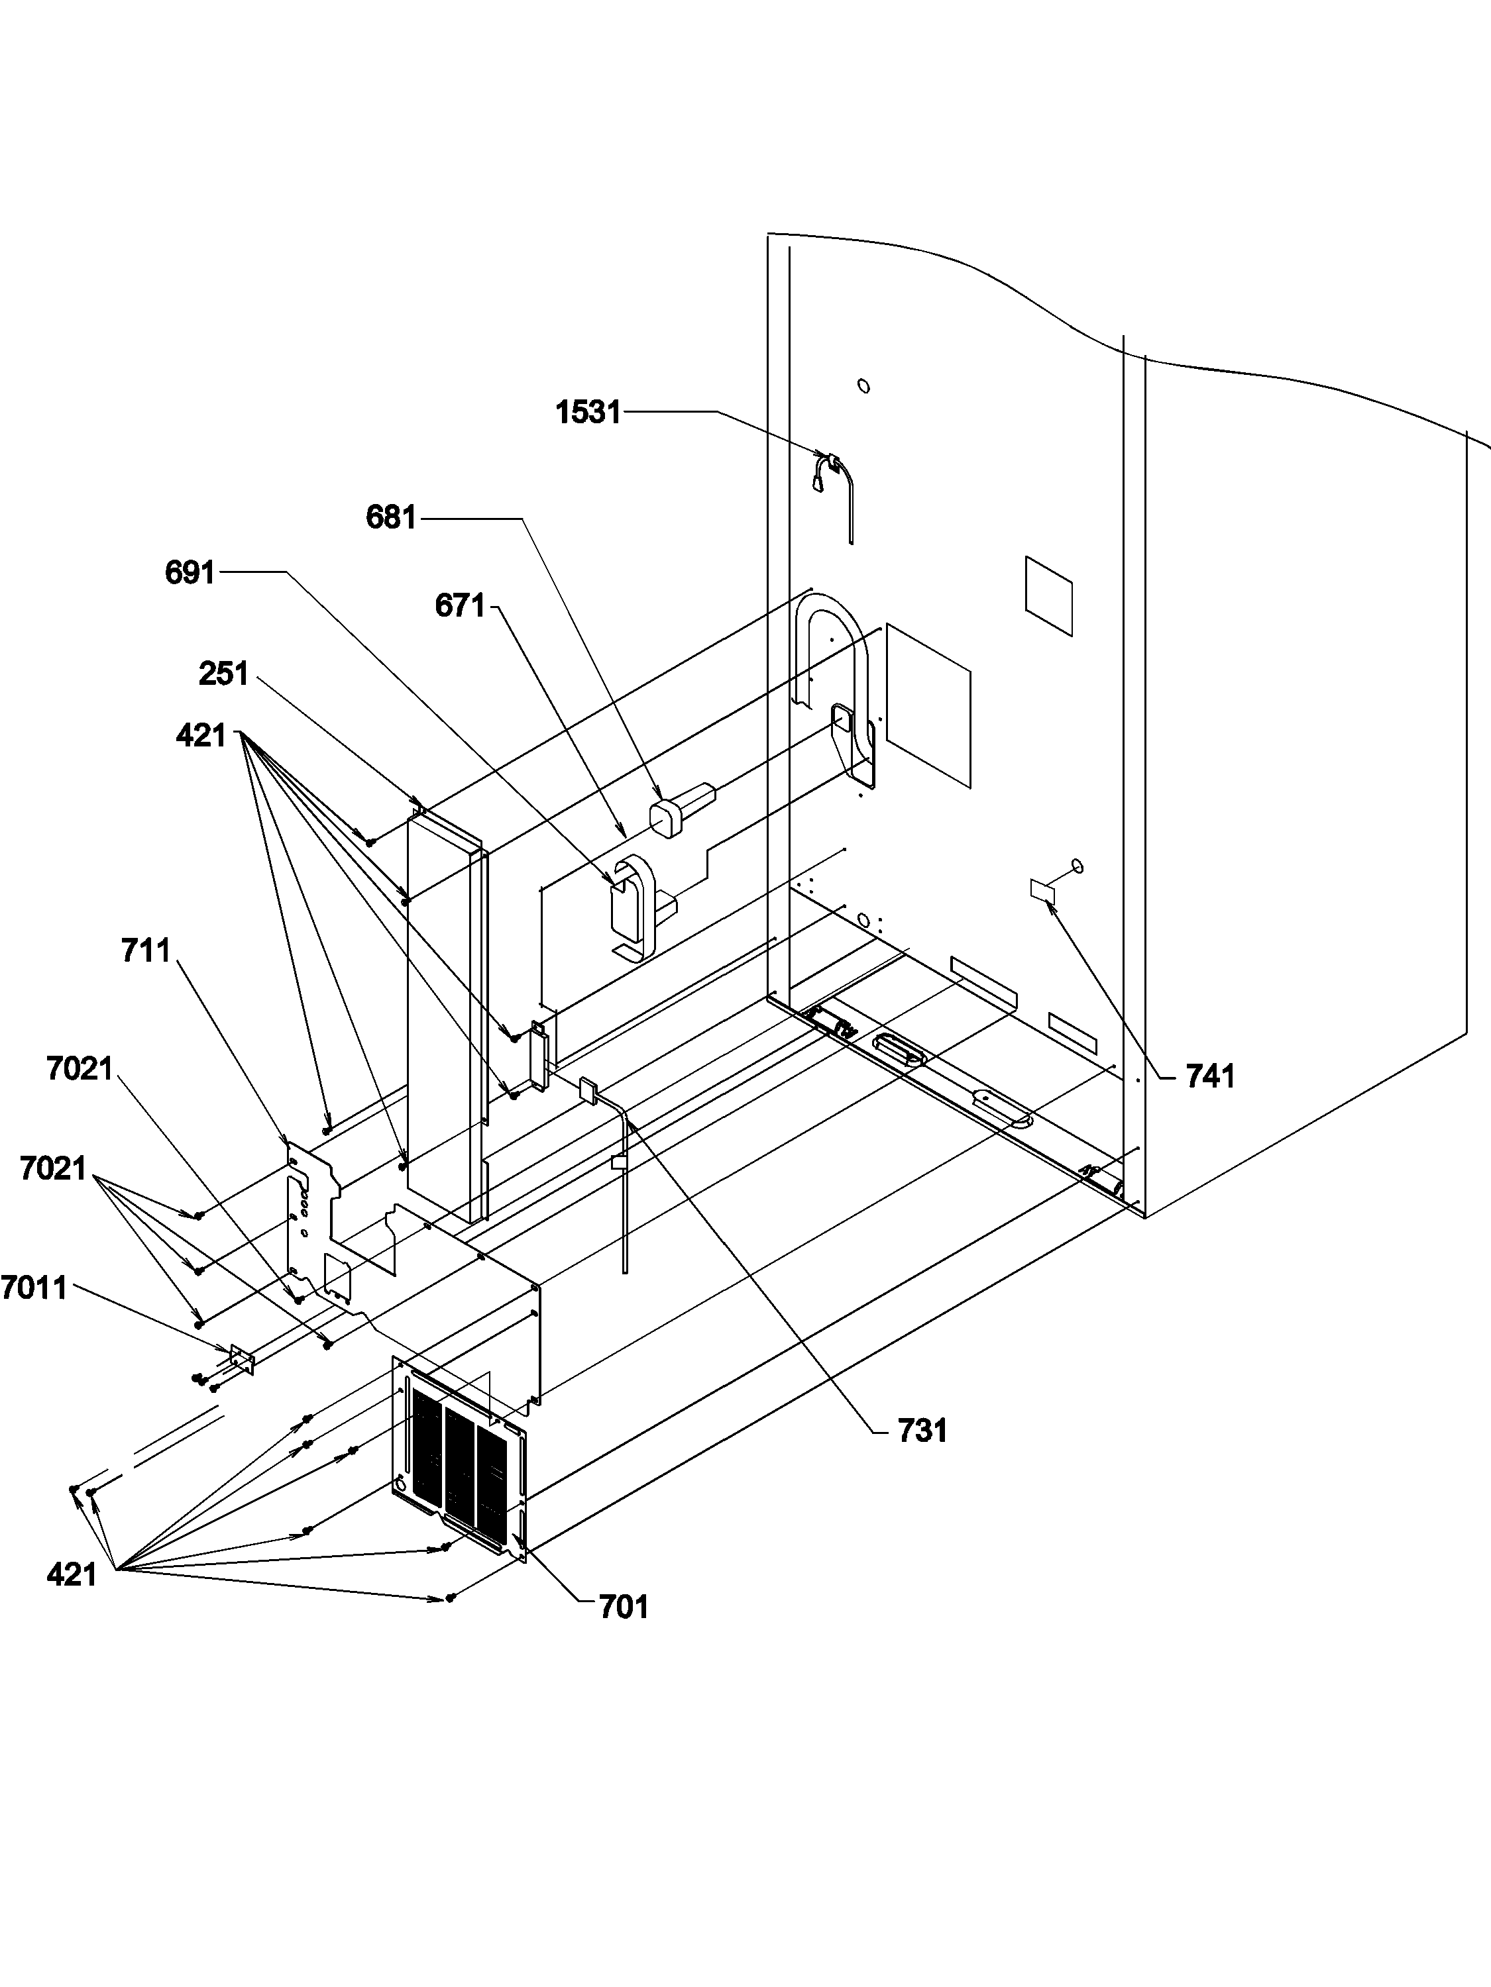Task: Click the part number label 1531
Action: [x=588, y=413]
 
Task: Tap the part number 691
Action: [x=190, y=572]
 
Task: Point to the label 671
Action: [x=459, y=605]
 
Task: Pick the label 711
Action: [x=146, y=950]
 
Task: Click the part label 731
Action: [x=922, y=1430]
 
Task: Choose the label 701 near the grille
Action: [x=624, y=1606]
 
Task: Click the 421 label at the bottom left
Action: [x=71, y=1574]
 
